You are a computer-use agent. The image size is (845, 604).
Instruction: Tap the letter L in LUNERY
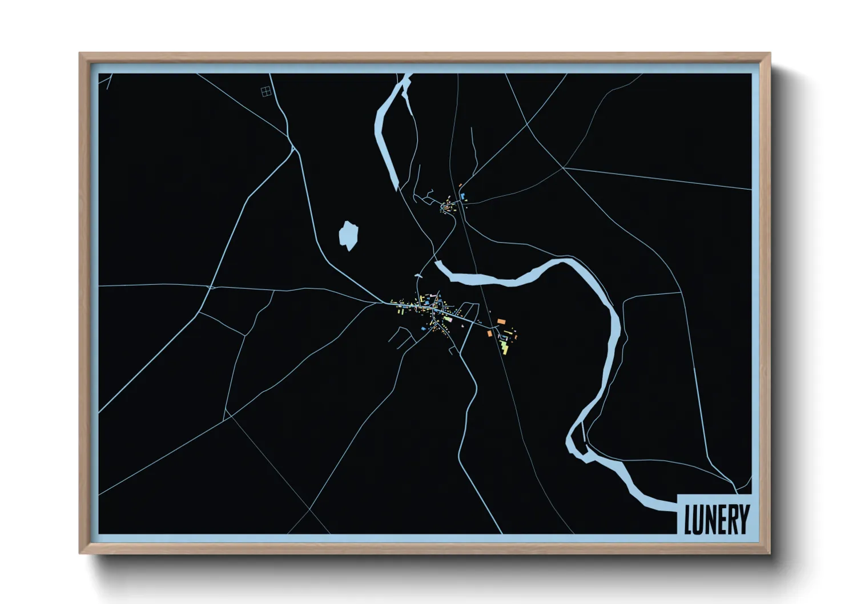click(689, 520)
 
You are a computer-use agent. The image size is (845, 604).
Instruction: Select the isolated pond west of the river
click(348, 236)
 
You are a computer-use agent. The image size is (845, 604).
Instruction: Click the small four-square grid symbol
click(265, 91)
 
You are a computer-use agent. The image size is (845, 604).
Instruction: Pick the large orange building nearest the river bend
click(501, 322)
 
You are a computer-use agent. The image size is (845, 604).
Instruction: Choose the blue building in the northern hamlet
click(462, 196)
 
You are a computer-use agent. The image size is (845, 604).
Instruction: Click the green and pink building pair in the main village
click(447, 319)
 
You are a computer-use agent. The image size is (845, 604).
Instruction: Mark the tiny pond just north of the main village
click(418, 276)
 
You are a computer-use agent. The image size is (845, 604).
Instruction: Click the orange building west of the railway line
click(489, 333)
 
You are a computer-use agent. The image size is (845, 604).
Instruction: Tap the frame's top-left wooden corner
click(82, 56)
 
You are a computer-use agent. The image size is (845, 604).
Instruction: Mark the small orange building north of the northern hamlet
click(460, 185)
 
